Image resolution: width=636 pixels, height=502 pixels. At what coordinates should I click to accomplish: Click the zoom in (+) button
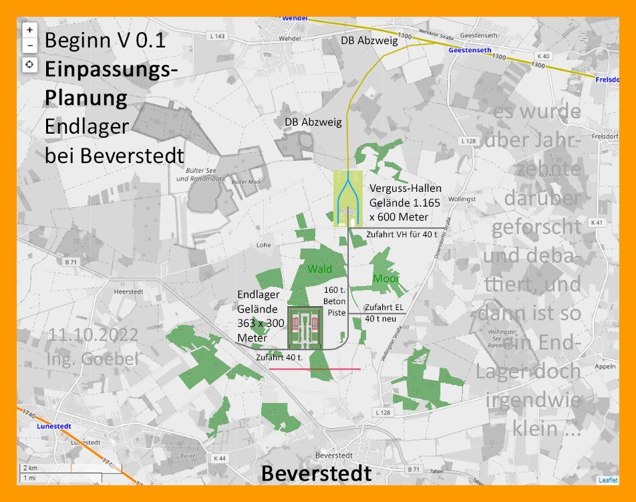[29, 30]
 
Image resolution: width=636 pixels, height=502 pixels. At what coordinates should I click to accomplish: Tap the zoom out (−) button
[29, 45]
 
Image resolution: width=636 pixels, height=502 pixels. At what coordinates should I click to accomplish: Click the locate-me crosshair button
[29, 65]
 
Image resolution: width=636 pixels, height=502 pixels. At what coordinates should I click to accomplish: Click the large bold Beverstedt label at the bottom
[316, 473]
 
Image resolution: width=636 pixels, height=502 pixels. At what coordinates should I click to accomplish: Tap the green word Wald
[319, 269]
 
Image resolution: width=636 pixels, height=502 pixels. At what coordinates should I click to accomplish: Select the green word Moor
[386, 278]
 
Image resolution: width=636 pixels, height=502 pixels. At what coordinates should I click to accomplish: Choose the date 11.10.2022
[93, 334]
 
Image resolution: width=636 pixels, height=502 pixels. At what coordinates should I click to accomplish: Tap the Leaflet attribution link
[607, 480]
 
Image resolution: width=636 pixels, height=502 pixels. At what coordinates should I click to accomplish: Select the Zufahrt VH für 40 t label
[402, 235]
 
